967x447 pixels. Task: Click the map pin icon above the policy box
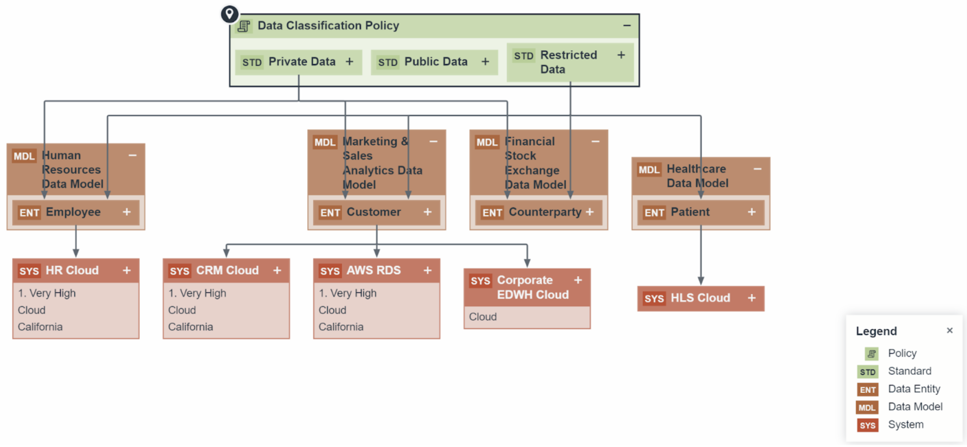pos(229,14)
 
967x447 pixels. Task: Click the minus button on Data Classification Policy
pos(626,26)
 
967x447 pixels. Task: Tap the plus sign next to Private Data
pos(350,62)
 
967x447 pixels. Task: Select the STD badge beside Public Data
pos(387,62)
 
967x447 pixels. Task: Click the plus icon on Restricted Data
pos(621,55)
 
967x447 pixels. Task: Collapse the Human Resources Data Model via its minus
pos(133,155)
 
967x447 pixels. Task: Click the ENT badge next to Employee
pos(29,213)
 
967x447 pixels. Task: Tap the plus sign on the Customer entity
pos(427,212)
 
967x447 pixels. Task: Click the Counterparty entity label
pos(545,212)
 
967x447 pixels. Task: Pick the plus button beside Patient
pos(751,212)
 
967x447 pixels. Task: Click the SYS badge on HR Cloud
pos(29,271)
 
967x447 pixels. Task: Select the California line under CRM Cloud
pos(190,327)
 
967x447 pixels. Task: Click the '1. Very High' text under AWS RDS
pos(347,293)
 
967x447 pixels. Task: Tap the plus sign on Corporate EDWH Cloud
pos(578,280)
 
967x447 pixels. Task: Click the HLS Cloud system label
pos(700,298)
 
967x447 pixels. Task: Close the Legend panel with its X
pos(949,331)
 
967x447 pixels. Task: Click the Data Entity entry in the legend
pos(914,389)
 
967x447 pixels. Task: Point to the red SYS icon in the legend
pos(867,425)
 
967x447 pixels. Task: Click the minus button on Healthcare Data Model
pos(758,169)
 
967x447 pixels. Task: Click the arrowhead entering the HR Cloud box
pos(76,254)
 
